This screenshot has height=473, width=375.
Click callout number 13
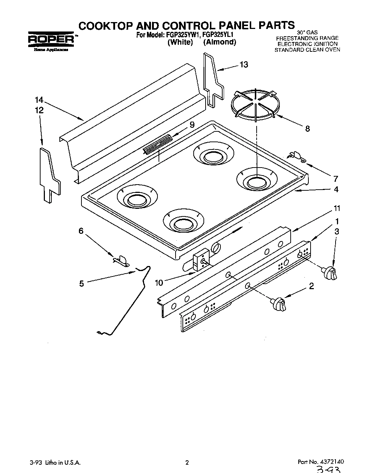244,64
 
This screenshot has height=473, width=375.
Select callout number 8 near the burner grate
307,128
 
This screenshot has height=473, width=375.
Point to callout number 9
192,124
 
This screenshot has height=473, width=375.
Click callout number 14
39,100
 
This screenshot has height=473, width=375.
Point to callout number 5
81,284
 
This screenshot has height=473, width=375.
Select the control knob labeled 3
330,273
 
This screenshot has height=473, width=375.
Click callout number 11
337,208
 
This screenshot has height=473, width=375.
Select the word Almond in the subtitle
219,42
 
